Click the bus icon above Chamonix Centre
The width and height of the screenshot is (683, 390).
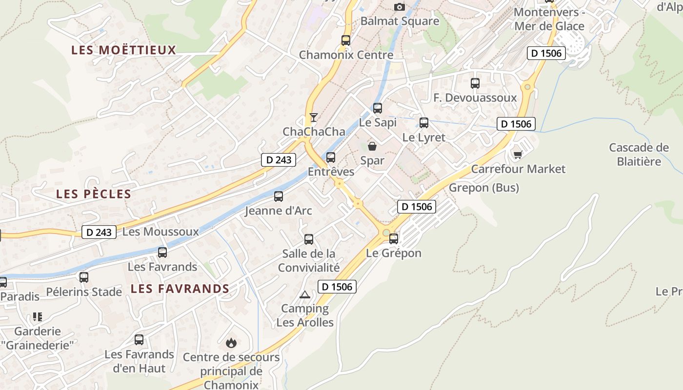click(x=346, y=40)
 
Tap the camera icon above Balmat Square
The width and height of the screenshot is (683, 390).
click(x=400, y=7)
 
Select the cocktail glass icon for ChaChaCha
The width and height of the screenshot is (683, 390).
click(x=314, y=117)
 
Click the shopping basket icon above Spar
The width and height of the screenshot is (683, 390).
click(x=372, y=146)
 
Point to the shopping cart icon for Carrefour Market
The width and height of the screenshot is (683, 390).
click(x=518, y=155)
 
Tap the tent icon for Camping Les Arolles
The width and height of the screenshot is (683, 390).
click(x=305, y=294)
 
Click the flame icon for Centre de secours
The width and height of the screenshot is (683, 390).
click(x=231, y=343)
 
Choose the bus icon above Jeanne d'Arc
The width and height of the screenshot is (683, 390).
click(x=279, y=196)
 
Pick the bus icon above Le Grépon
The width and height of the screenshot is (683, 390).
click(x=394, y=239)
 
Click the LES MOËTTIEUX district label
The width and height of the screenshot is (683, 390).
click(x=123, y=50)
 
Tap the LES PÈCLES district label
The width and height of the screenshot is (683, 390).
click(x=94, y=194)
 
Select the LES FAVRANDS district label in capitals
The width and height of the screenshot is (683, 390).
click(x=180, y=289)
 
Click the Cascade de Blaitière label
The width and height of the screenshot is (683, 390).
click(x=639, y=155)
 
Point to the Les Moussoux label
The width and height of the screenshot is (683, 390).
click(x=161, y=232)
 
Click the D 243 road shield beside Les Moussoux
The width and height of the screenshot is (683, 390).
click(x=99, y=232)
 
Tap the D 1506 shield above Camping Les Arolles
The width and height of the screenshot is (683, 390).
click(x=337, y=287)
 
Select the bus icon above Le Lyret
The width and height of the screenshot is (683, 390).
click(x=424, y=123)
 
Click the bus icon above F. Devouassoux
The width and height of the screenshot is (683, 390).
click(x=475, y=83)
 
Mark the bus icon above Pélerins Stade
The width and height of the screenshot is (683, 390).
click(x=84, y=277)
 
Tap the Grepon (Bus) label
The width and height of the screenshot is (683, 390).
click(x=484, y=188)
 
